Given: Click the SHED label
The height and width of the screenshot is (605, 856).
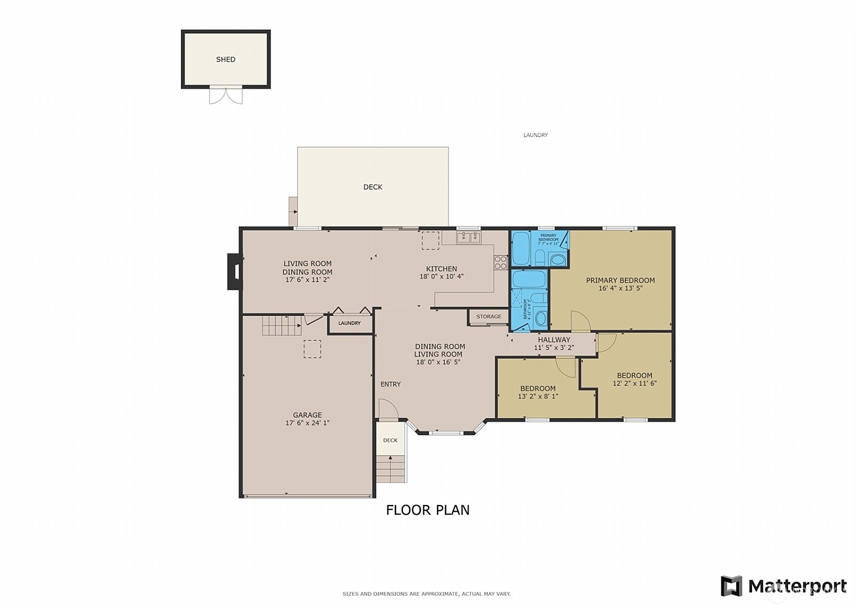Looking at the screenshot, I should pos(225,59).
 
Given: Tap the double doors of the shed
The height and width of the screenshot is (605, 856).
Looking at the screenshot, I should pos(226,95).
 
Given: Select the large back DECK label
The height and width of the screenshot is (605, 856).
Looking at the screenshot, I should pos(373,187).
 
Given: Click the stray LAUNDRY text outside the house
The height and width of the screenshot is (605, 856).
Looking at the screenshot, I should pos(535,135).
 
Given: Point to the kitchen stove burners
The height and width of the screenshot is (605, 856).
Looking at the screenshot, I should pos(500,262).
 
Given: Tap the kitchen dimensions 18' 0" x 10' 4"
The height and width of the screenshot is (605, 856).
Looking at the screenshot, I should pos(442,277).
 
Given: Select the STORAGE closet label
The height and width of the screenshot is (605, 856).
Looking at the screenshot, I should pos(488,316).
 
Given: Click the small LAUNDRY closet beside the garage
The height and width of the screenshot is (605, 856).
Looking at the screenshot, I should pos(349,323).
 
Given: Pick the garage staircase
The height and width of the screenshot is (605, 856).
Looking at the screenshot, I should pos(281,325).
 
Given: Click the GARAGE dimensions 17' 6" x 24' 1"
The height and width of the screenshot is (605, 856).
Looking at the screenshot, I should pos(308,423).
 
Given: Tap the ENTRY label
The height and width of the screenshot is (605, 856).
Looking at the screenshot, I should pos(390,384).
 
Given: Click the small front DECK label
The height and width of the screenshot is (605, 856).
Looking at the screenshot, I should pos(390,440).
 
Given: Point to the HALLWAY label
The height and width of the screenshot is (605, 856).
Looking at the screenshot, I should pos(554,340).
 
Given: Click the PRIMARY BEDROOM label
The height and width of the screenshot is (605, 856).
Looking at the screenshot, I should pos(620,281).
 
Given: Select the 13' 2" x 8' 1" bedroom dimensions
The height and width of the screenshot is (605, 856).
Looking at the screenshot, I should pos(538,396).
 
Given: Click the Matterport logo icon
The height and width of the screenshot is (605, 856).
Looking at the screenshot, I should pos(732,586).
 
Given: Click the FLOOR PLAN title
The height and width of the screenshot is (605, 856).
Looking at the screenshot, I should pos(427,510).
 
